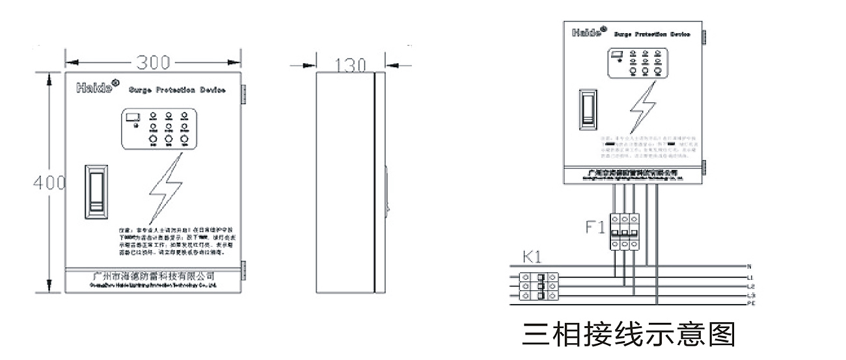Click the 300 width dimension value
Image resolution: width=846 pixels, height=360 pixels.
[153, 62]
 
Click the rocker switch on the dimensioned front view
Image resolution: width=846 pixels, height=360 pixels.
[96, 193]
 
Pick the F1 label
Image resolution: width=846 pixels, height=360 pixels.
[595, 228]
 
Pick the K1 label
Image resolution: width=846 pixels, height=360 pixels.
[533, 258]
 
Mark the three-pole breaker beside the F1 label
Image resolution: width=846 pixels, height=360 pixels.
[623, 232]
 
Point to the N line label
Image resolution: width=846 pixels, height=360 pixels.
[750, 266]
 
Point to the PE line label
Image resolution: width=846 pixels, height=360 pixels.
[752, 303]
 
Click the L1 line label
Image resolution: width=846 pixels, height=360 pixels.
[751, 278]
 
